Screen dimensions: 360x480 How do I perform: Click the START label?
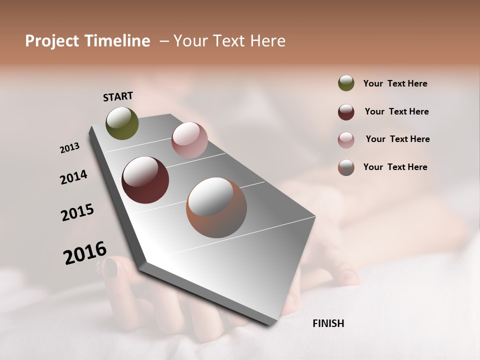(118, 96)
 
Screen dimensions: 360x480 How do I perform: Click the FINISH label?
(328, 323)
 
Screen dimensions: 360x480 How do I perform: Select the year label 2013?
(69, 148)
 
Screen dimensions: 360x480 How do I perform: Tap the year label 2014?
(73, 177)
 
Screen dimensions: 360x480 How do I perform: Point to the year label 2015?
(77, 212)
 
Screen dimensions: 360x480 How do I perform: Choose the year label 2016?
(85, 252)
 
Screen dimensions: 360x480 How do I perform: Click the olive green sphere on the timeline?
(122, 123)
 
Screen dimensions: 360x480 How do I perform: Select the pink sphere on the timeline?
(189, 140)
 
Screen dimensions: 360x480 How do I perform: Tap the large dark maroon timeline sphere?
(145, 180)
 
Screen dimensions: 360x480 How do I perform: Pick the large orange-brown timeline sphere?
(216, 208)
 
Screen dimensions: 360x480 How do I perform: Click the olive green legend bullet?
(346, 83)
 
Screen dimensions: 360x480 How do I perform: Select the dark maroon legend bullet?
(346, 112)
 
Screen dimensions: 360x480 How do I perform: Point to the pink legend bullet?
(346, 140)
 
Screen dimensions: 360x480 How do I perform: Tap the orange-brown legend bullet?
(346, 167)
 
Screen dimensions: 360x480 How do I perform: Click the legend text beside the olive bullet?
(395, 83)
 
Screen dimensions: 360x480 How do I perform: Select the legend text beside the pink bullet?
(397, 139)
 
